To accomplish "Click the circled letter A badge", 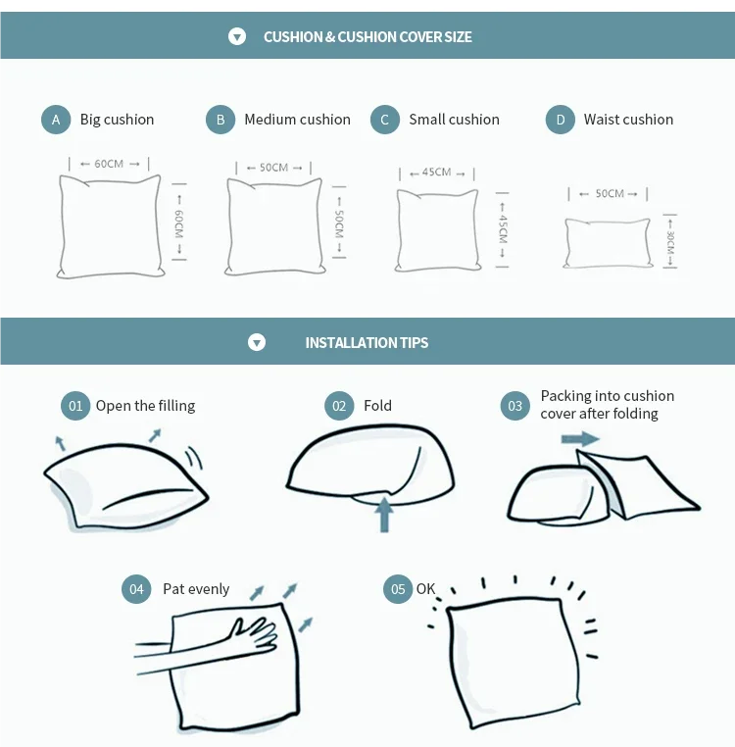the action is (56, 120).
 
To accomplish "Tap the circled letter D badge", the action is (561, 120).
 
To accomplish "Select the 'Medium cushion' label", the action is (297, 119).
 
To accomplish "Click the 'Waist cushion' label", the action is (628, 119).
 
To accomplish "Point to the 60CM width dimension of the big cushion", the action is (109, 164).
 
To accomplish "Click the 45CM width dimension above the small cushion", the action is (437, 173).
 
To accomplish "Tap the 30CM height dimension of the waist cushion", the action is (669, 241).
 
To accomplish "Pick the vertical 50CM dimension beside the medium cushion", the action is (339, 223).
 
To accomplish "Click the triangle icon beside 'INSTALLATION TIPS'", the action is (257, 342).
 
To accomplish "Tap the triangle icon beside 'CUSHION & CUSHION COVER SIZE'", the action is (237, 36).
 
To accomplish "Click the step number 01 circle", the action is (75, 406).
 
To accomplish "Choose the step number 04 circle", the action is (136, 589).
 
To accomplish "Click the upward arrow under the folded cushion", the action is (384, 515).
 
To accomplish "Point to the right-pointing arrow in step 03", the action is (580, 439).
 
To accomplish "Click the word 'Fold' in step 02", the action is (377, 406).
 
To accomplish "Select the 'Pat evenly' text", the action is (196, 589).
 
